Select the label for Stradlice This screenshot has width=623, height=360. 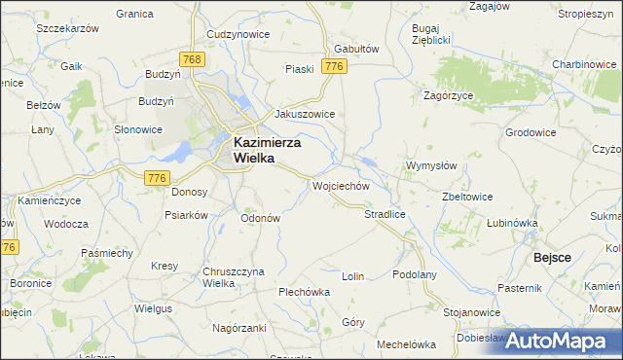coord(384,213)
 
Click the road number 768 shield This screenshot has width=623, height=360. coord(193,60)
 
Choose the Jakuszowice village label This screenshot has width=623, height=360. coord(305,114)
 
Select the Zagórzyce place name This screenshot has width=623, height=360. coord(449,95)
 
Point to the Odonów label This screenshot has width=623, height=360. coord(261,218)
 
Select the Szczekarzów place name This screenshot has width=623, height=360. coord(68,29)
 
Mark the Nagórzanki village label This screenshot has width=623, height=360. coord(238,329)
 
